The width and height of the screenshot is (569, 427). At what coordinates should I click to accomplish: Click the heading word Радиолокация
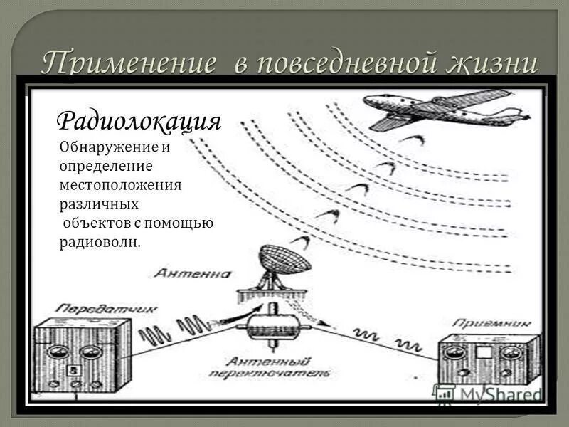tap(139, 120)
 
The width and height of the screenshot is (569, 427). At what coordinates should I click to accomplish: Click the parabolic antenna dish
tap(284, 260)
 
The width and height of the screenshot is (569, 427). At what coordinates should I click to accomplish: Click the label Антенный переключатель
tap(269, 367)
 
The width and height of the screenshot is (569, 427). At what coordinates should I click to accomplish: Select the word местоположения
tap(121, 185)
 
